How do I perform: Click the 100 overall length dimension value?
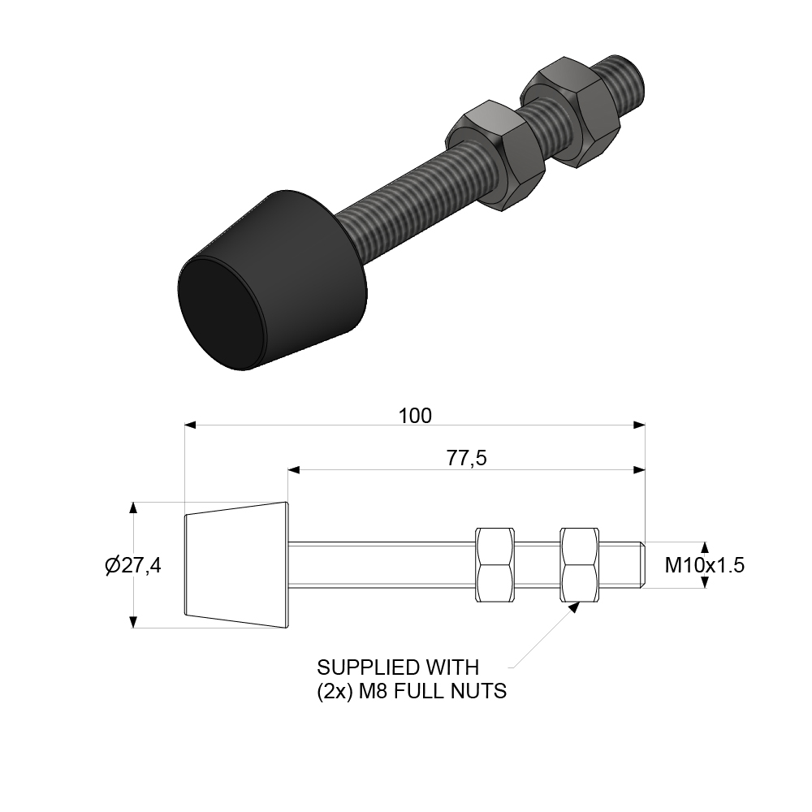(x=415, y=416)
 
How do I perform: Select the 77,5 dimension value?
(x=466, y=459)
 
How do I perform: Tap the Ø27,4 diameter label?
(x=133, y=566)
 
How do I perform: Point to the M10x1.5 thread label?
(x=704, y=565)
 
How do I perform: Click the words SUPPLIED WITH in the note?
(x=398, y=667)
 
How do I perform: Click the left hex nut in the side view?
(x=495, y=564)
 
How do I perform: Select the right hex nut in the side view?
(x=580, y=564)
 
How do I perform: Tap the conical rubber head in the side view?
(x=237, y=565)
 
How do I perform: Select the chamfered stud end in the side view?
(x=641, y=564)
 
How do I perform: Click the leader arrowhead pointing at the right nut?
(x=573, y=605)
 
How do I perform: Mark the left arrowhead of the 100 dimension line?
(x=191, y=425)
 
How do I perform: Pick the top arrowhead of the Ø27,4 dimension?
(x=132, y=508)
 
